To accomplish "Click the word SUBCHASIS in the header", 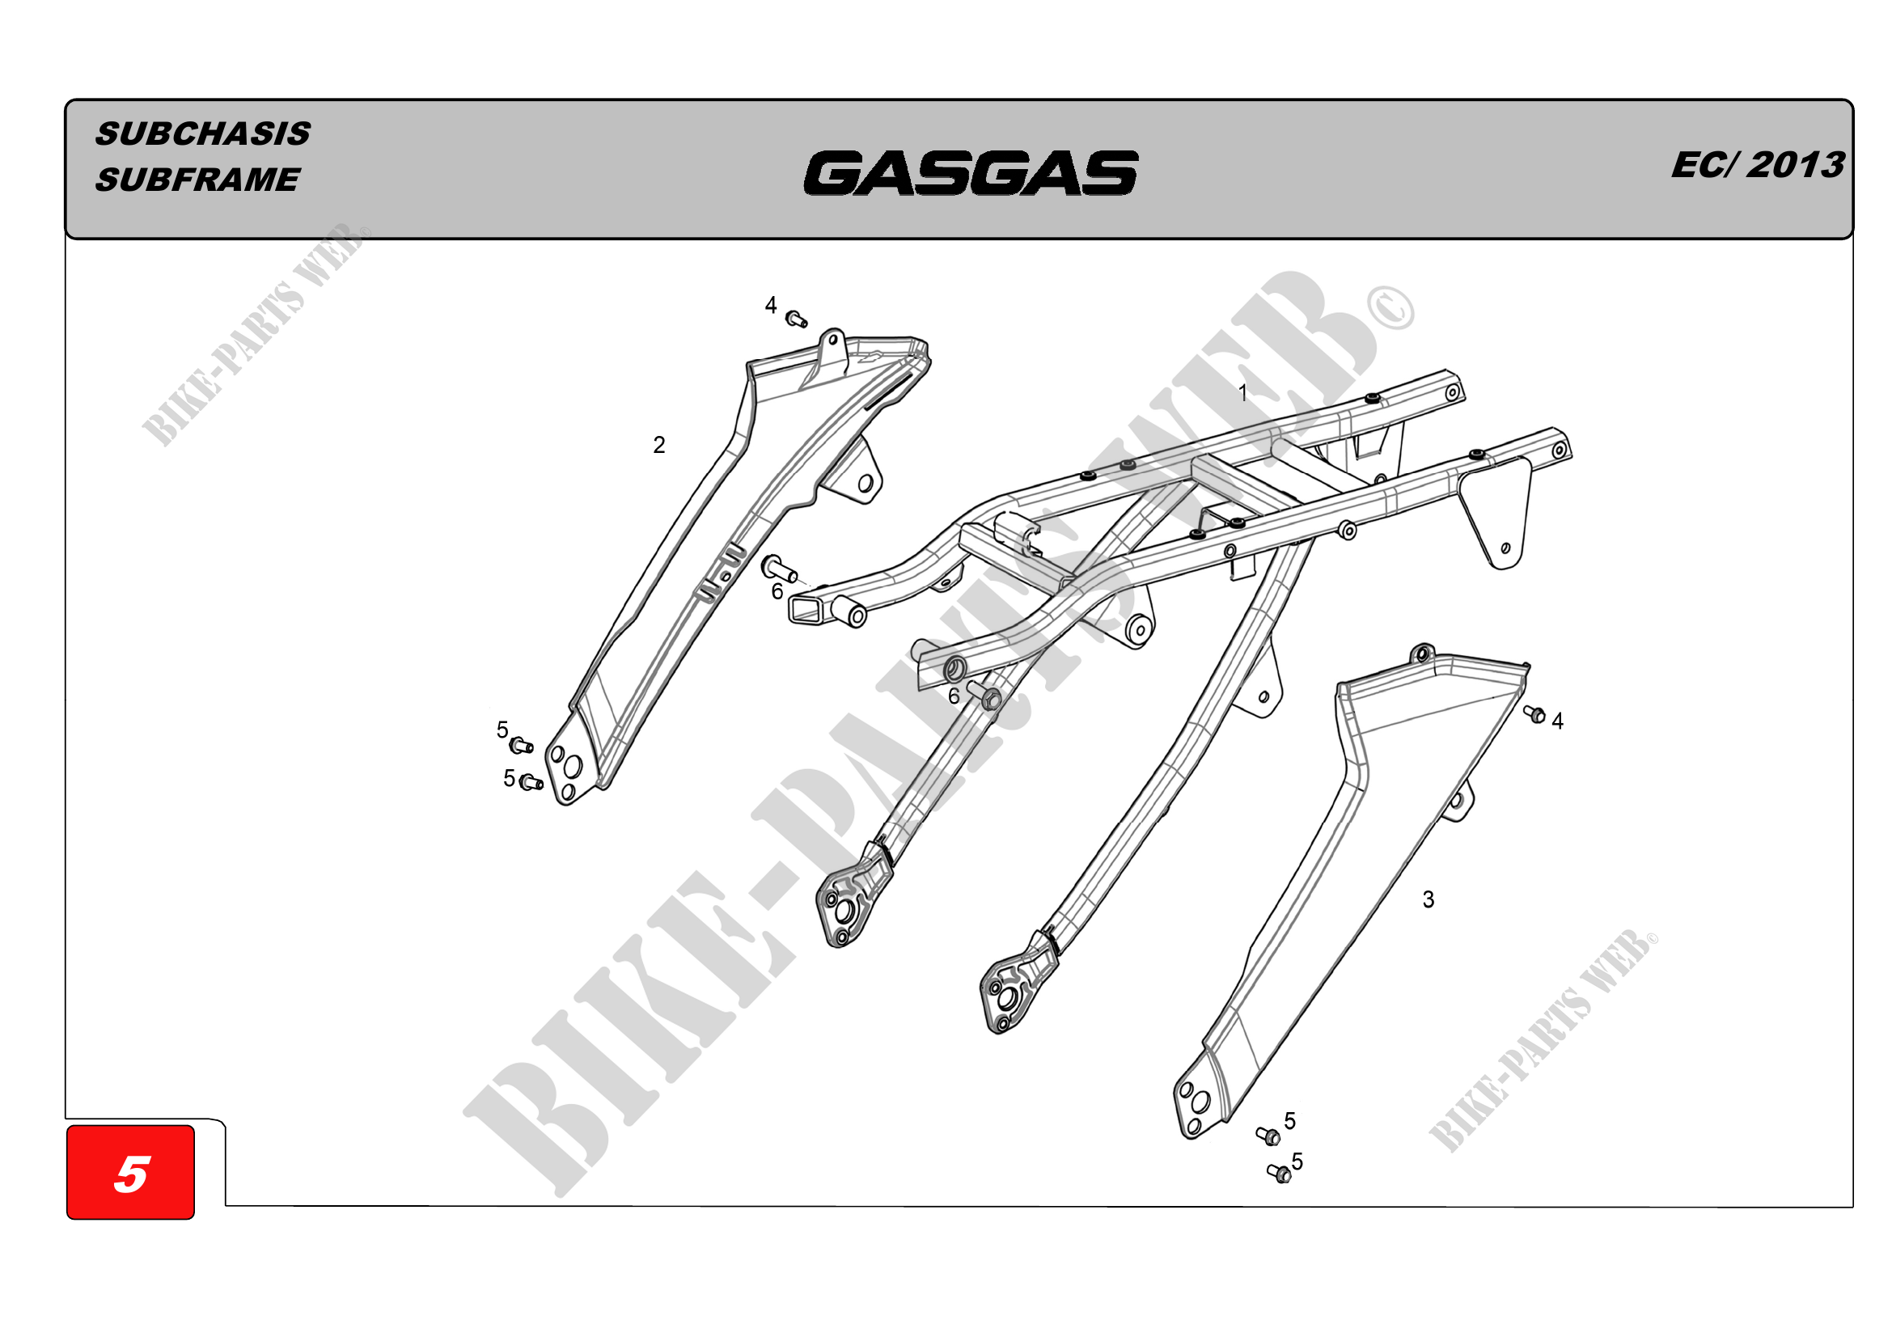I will coord(203,133).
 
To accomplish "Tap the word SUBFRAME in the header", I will coord(197,180).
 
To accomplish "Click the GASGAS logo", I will coord(971,173).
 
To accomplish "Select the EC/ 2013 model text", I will coord(1757,165).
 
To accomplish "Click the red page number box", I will coord(131,1172).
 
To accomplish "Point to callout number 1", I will coord(1242,393).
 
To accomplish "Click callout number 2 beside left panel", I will coord(658,445).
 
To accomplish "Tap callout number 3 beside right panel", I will coord(1428,899).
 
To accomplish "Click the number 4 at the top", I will coord(771,306).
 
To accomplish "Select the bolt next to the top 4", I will coord(796,319).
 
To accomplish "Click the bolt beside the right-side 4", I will coord(1534,713).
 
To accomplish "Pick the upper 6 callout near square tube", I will coord(777,591).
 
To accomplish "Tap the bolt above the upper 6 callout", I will coord(779,567).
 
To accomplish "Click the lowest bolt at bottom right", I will coord(1279,1173).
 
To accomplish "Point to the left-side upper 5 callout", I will coord(502,730).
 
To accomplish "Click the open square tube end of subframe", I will coord(806,610).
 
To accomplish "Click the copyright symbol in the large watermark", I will coord(1391,308).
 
